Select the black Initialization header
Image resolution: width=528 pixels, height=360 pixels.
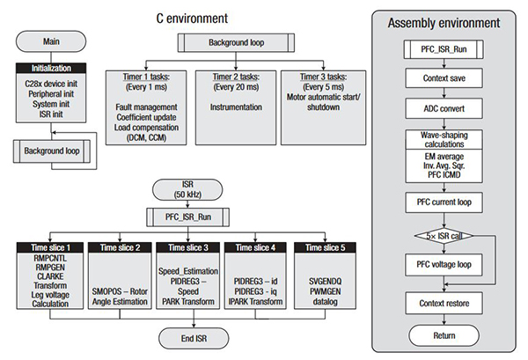click(50, 68)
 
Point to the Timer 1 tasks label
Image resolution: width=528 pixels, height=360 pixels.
click(143, 77)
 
